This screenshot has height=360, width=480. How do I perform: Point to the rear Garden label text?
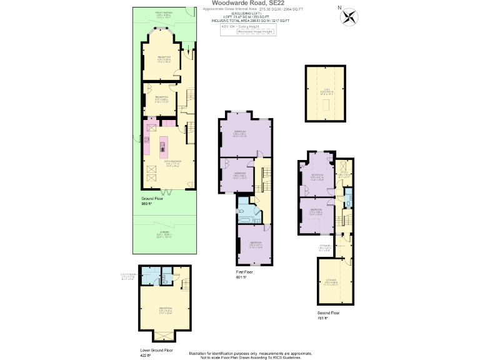pos(164,234)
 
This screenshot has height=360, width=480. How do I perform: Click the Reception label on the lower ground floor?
pos(165,309)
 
